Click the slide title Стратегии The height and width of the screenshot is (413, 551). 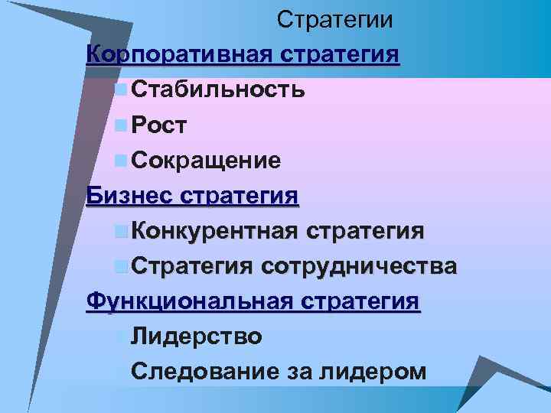pyautogui.click(x=335, y=20)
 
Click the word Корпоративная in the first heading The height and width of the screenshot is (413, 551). pyautogui.click(x=180, y=55)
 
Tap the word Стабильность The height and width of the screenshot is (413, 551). pyautogui.click(x=219, y=90)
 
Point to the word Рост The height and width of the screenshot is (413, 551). pyautogui.click(x=159, y=125)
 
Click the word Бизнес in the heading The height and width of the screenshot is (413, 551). pyautogui.click(x=130, y=196)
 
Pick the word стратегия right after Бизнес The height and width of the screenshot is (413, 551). pyautogui.click(x=240, y=196)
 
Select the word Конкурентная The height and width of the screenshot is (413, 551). pyautogui.click(x=215, y=231)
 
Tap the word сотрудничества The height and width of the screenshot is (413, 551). pyautogui.click(x=360, y=266)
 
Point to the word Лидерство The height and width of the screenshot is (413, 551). pyautogui.click(x=197, y=337)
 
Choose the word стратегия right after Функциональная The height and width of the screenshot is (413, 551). pyautogui.click(x=358, y=301)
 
